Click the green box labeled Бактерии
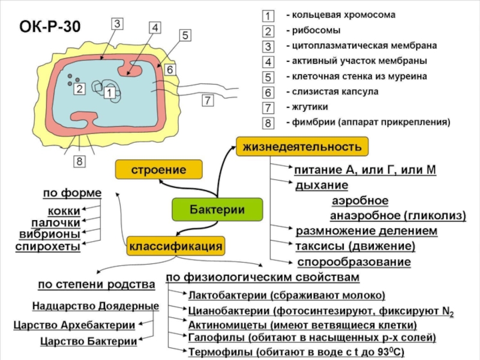tap(217, 209)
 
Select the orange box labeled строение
tap(158, 169)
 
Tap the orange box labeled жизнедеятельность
tap(302, 146)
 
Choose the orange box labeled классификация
tap(176, 246)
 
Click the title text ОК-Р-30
tap(50, 26)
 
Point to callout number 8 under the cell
tap(79, 161)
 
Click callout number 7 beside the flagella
tap(208, 100)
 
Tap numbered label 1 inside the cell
tap(109, 92)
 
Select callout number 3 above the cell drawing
tap(117, 24)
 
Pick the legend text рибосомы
tap(316, 31)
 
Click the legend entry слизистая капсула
tap(335, 92)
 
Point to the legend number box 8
tap(268, 123)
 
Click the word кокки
tap(64, 211)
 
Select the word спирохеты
tap(48, 247)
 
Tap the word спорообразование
tap(354, 262)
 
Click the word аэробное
tap(360, 201)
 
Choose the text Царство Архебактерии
tap(74, 325)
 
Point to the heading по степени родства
tap(97, 284)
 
